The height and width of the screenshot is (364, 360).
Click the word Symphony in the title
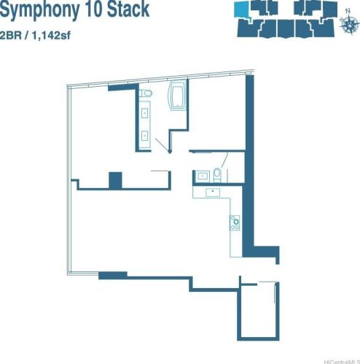(39, 9)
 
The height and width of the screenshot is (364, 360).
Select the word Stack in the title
(128, 9)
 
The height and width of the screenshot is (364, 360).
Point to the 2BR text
(11, 36)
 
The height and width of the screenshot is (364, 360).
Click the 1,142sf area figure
(50, 36)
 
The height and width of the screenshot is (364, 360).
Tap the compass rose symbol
(349, 23)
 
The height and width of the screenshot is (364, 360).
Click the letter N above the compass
(348, 11)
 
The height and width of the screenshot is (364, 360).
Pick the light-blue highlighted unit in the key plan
(241, 9)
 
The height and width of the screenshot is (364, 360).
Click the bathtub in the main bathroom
(178, 96)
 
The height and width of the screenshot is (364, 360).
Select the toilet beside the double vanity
(146, 93)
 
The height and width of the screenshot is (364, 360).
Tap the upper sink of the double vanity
(145, 112)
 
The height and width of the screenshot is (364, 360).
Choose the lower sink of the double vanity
(145, 136)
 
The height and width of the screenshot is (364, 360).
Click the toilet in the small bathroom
(217, 175)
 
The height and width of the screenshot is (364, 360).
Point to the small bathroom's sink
(203, 176)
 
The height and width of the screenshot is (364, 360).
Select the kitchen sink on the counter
(213, 192)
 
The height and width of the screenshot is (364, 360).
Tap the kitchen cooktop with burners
(235, 222)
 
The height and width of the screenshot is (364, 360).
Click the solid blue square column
(115, 180)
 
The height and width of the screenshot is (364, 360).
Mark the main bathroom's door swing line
(162, 144)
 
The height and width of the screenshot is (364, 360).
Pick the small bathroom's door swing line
(224, 160)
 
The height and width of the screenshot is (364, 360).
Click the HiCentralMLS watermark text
(342, 362)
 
